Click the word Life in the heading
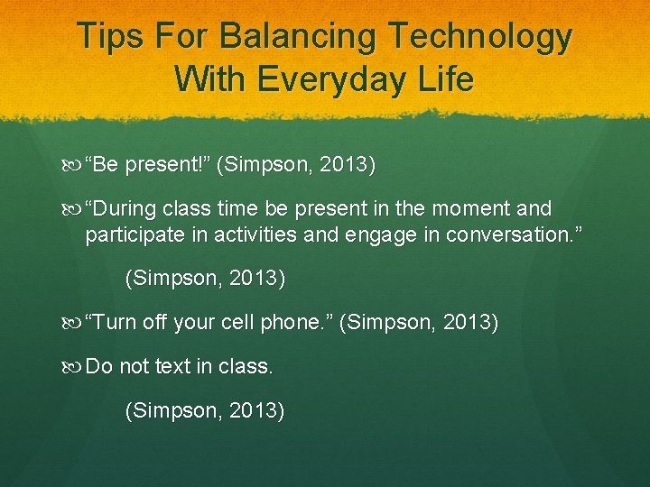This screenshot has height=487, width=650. coord(443,79)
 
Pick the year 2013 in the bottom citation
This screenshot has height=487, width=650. coord(259,412)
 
